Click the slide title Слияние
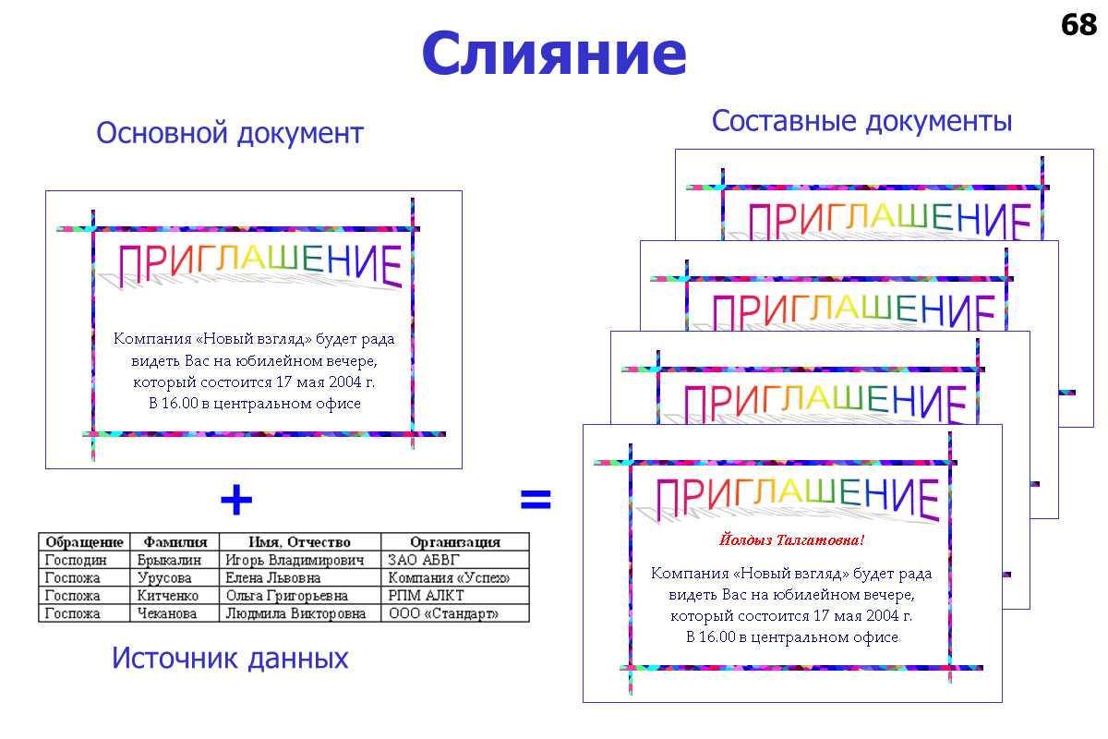[554, 54]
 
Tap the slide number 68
[1078, 25]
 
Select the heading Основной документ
[230, 134]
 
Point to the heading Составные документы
[862, 121]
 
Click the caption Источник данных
[230, 659]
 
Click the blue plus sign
[236, 501]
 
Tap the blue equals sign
[536, 501]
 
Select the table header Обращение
[84, 542]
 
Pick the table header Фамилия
[175, 542]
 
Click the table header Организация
[455, 542]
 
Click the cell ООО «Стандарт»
[443, 613]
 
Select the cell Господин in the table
[76, 560]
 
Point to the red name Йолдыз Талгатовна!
[791, 539]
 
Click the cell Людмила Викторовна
[295, 613]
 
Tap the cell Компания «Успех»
[449, 578]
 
